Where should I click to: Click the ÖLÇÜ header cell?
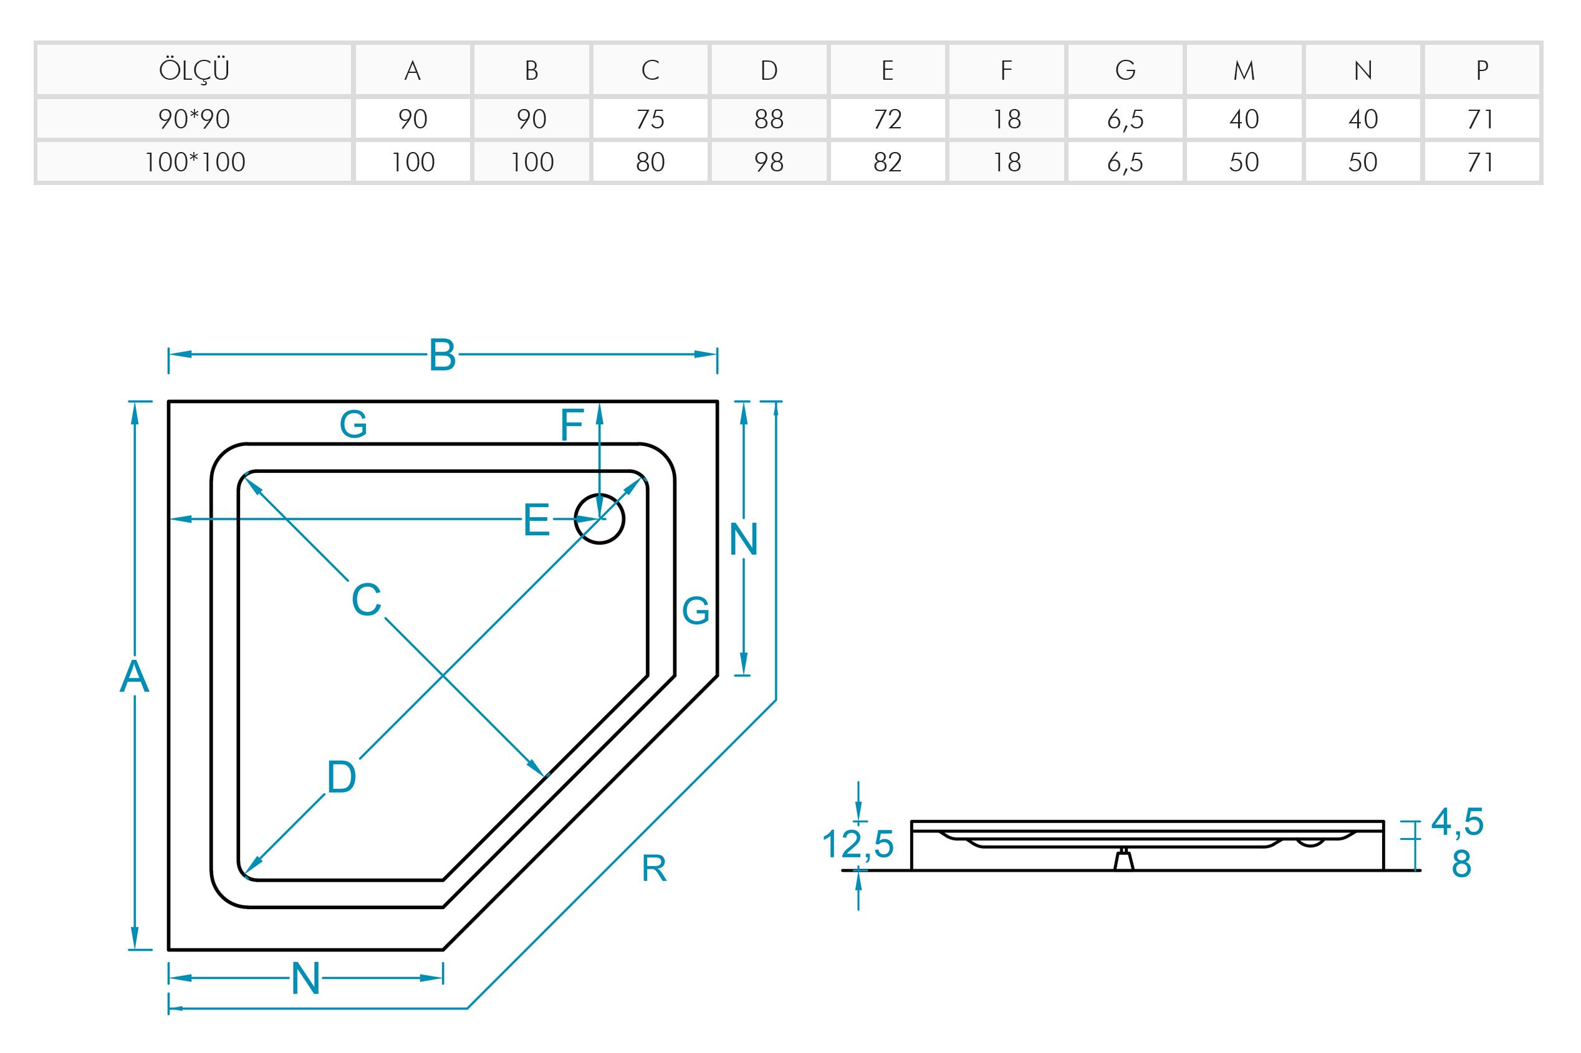click(193, 70)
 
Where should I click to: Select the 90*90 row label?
click(193, 119)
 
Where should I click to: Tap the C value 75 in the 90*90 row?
click(650, 119)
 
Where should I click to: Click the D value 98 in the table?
click(769, 162)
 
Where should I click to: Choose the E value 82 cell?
click(887, 162)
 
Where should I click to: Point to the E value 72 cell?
click(887, 119)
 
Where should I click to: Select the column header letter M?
click(1243, 70)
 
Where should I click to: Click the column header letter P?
click(1481, 70)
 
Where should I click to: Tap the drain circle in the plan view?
click(599, 518)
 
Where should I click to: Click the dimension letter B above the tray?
click(442, 355)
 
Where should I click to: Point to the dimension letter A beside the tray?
click(135, 675)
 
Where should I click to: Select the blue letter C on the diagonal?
click(366, 599)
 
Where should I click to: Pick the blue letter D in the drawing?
click(342, 777)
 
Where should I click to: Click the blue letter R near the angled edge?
click(654, 869)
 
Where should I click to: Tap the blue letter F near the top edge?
click(572, 424)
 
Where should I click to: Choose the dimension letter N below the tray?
click(305, 978)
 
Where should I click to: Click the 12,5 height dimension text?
click(857, 844)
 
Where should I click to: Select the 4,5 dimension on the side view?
click(1457, 821)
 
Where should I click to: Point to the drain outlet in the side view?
click(1123, 860)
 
